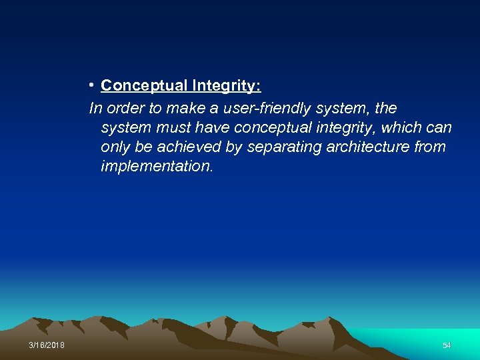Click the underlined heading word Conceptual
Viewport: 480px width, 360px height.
[144, 86]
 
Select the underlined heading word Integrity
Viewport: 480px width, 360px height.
[226, 86]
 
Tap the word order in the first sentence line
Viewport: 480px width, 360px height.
[121, 108]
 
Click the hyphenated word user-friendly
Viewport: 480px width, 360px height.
[261, 108]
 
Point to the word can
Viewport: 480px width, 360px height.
[438, 127]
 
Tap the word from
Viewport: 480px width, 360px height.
[430, 147]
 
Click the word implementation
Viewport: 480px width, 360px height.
[157, 166]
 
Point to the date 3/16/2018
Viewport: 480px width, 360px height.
[47, 345]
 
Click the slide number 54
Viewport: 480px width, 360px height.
[447, 345]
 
